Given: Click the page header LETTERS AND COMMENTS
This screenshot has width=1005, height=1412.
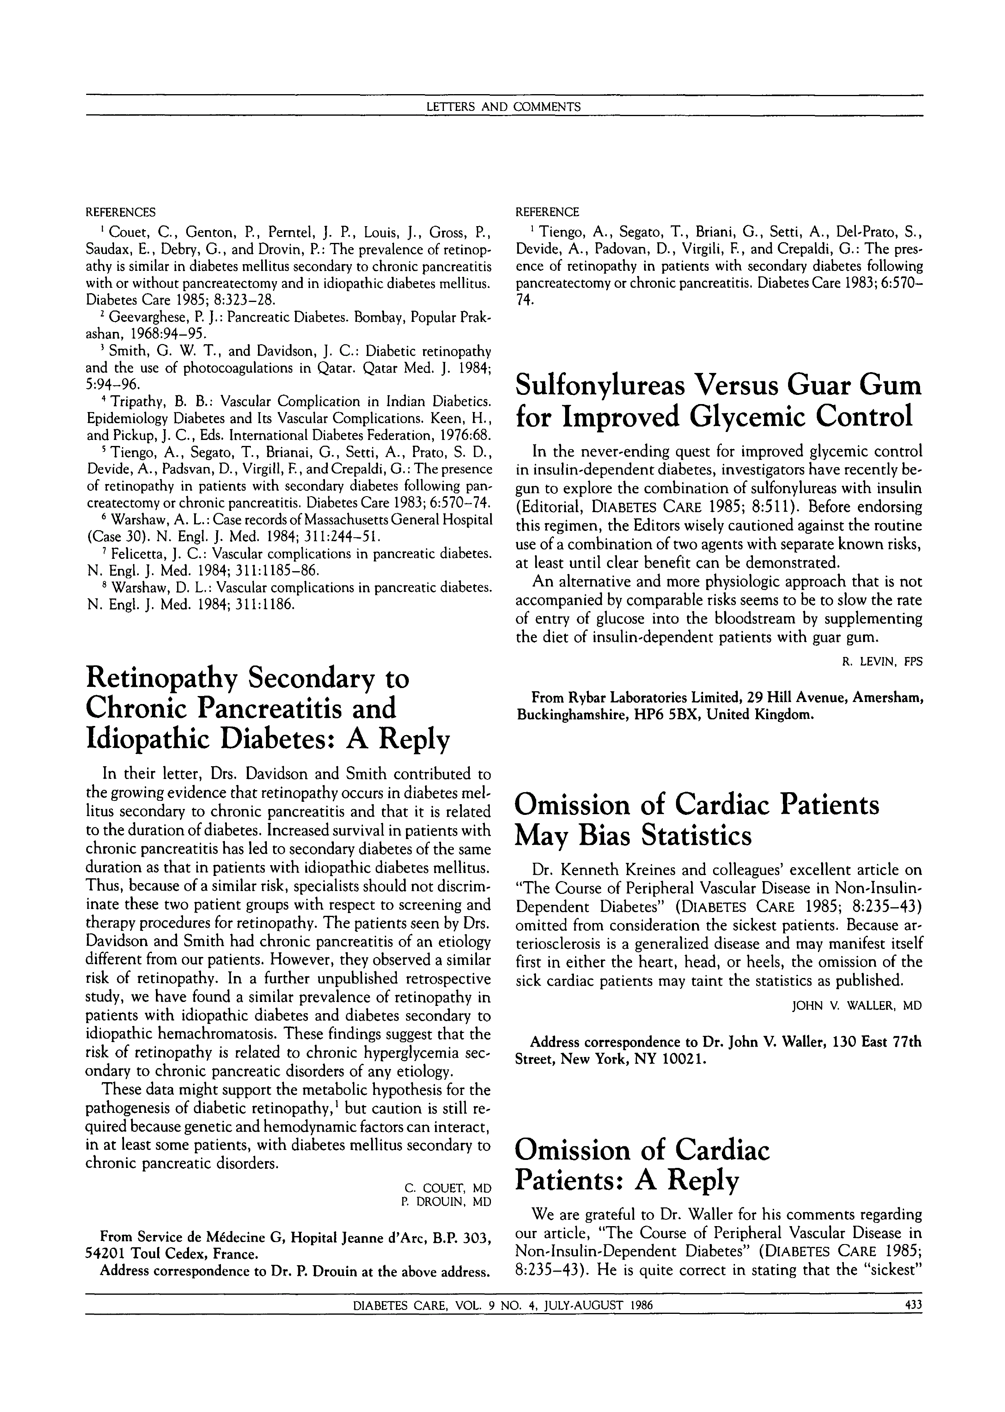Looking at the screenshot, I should click(x=503, y=107).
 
